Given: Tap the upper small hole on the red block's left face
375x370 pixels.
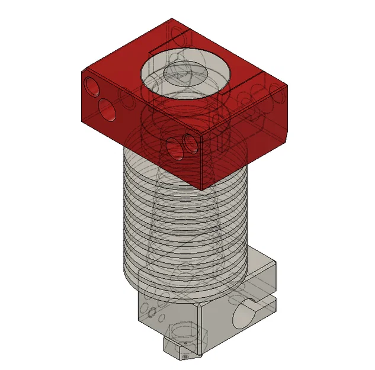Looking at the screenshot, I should coord(93,86).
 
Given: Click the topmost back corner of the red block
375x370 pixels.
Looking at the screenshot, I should coord(172,19).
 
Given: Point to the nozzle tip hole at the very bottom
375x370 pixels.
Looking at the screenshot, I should coord(185,357).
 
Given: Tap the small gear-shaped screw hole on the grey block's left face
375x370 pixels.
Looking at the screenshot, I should coord(152,310).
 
